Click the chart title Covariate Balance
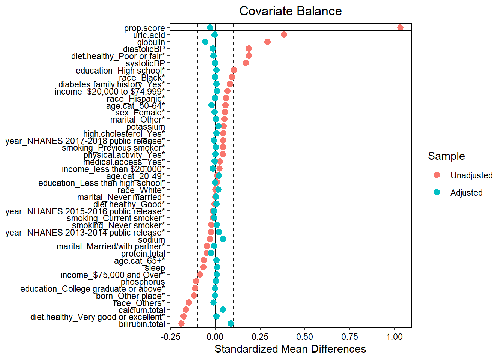click(x=290, y=11)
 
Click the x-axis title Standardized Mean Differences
click(x=290, y=349)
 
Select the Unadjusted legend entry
click(x=471, y=175)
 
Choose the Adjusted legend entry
click(x=466, y=193)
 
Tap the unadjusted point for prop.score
click(x=400, y=28)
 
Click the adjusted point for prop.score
click(x=210, y=28)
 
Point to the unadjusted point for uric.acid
click(x=284, y=35)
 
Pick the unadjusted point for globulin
click(x=267, y=42)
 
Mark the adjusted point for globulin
click(x=205, y=42)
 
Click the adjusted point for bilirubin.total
click(x=231, y=324)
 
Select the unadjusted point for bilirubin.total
click(x=181, y=324)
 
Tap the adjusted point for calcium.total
click(x=223, y=309)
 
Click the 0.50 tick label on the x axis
click(x=305, y=336)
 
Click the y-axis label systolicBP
click(x=145, y=63)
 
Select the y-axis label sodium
click(x=151, y=240)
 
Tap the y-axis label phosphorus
click(x=142, y=282)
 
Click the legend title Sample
click(x=446, y=156)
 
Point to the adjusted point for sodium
click(x=223, y=239)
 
